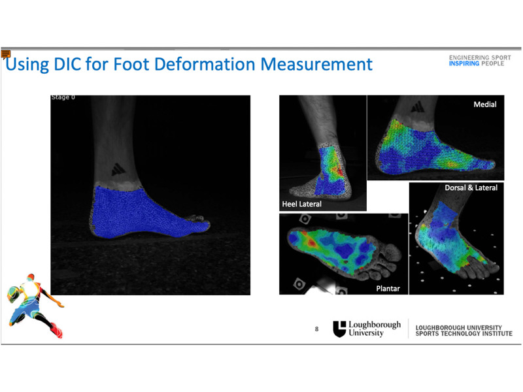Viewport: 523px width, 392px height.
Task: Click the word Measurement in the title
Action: pos(316,64)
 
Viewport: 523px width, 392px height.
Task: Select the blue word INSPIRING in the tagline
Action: pos(464,63)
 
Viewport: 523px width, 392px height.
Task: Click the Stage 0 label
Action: pos(63,97)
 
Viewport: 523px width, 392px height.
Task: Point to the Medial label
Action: pos(485,105)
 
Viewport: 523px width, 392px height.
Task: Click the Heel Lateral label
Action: pos(302,204)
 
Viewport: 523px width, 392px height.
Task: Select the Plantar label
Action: pos(388,288)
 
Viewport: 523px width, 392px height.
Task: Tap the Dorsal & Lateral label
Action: pos(471,188)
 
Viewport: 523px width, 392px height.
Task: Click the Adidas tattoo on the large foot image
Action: pos(118,169)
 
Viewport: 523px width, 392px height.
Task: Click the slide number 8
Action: pos(316,329)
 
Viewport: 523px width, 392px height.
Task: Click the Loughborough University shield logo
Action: pos(339,329)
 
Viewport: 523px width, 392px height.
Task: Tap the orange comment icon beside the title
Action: pos(6,54)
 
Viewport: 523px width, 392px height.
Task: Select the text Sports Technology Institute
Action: pos(464,333)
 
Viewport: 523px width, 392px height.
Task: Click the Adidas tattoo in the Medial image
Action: pos(418,107)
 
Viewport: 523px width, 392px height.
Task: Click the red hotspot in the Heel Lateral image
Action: pos(340,171)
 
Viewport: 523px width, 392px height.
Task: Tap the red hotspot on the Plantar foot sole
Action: pos(312,242)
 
